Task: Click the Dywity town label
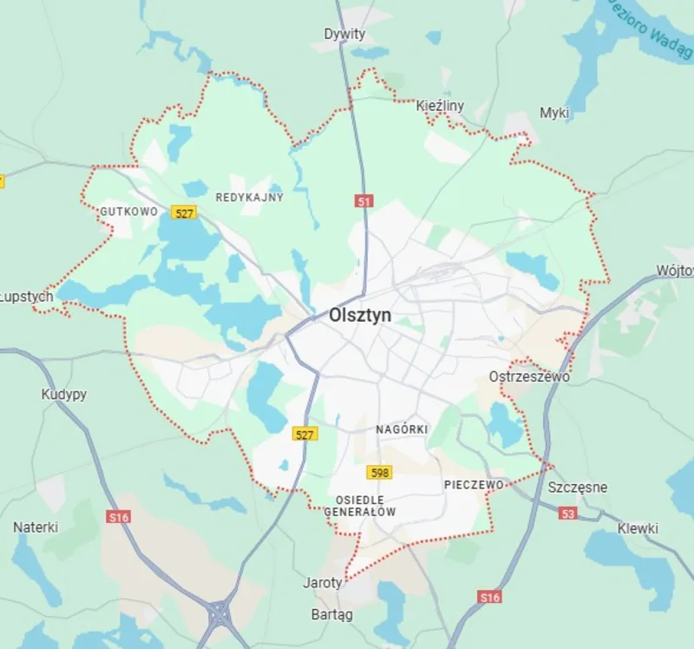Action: [x=344, y=34]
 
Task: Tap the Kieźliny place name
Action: [x=440, y=106]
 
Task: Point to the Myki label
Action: [x=554, y=113]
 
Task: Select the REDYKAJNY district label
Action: [x=249, y=197]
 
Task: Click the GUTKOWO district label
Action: [x=128, y=211]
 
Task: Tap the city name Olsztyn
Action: [x=360, y=317]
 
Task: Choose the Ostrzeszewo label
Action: [x=529, y=377]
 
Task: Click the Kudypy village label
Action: [x=64, y=395]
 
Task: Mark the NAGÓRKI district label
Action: [x=402, y=429]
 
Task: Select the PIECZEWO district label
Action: [x=473, y=484]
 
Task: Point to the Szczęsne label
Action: [x=577, y=488]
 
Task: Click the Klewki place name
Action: [x=638, y=528]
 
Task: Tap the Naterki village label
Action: [x=36, y=527]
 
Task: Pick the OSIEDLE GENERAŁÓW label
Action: [x=360, y=507]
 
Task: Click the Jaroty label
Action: [x=323, y=583]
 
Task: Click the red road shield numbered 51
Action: [x=363, y=201]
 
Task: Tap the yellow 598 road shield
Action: [x=379, y=473]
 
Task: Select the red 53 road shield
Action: [x=567, y=514]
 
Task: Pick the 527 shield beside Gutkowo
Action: [x=183, y=213]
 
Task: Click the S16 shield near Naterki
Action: [x=118, y=517]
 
